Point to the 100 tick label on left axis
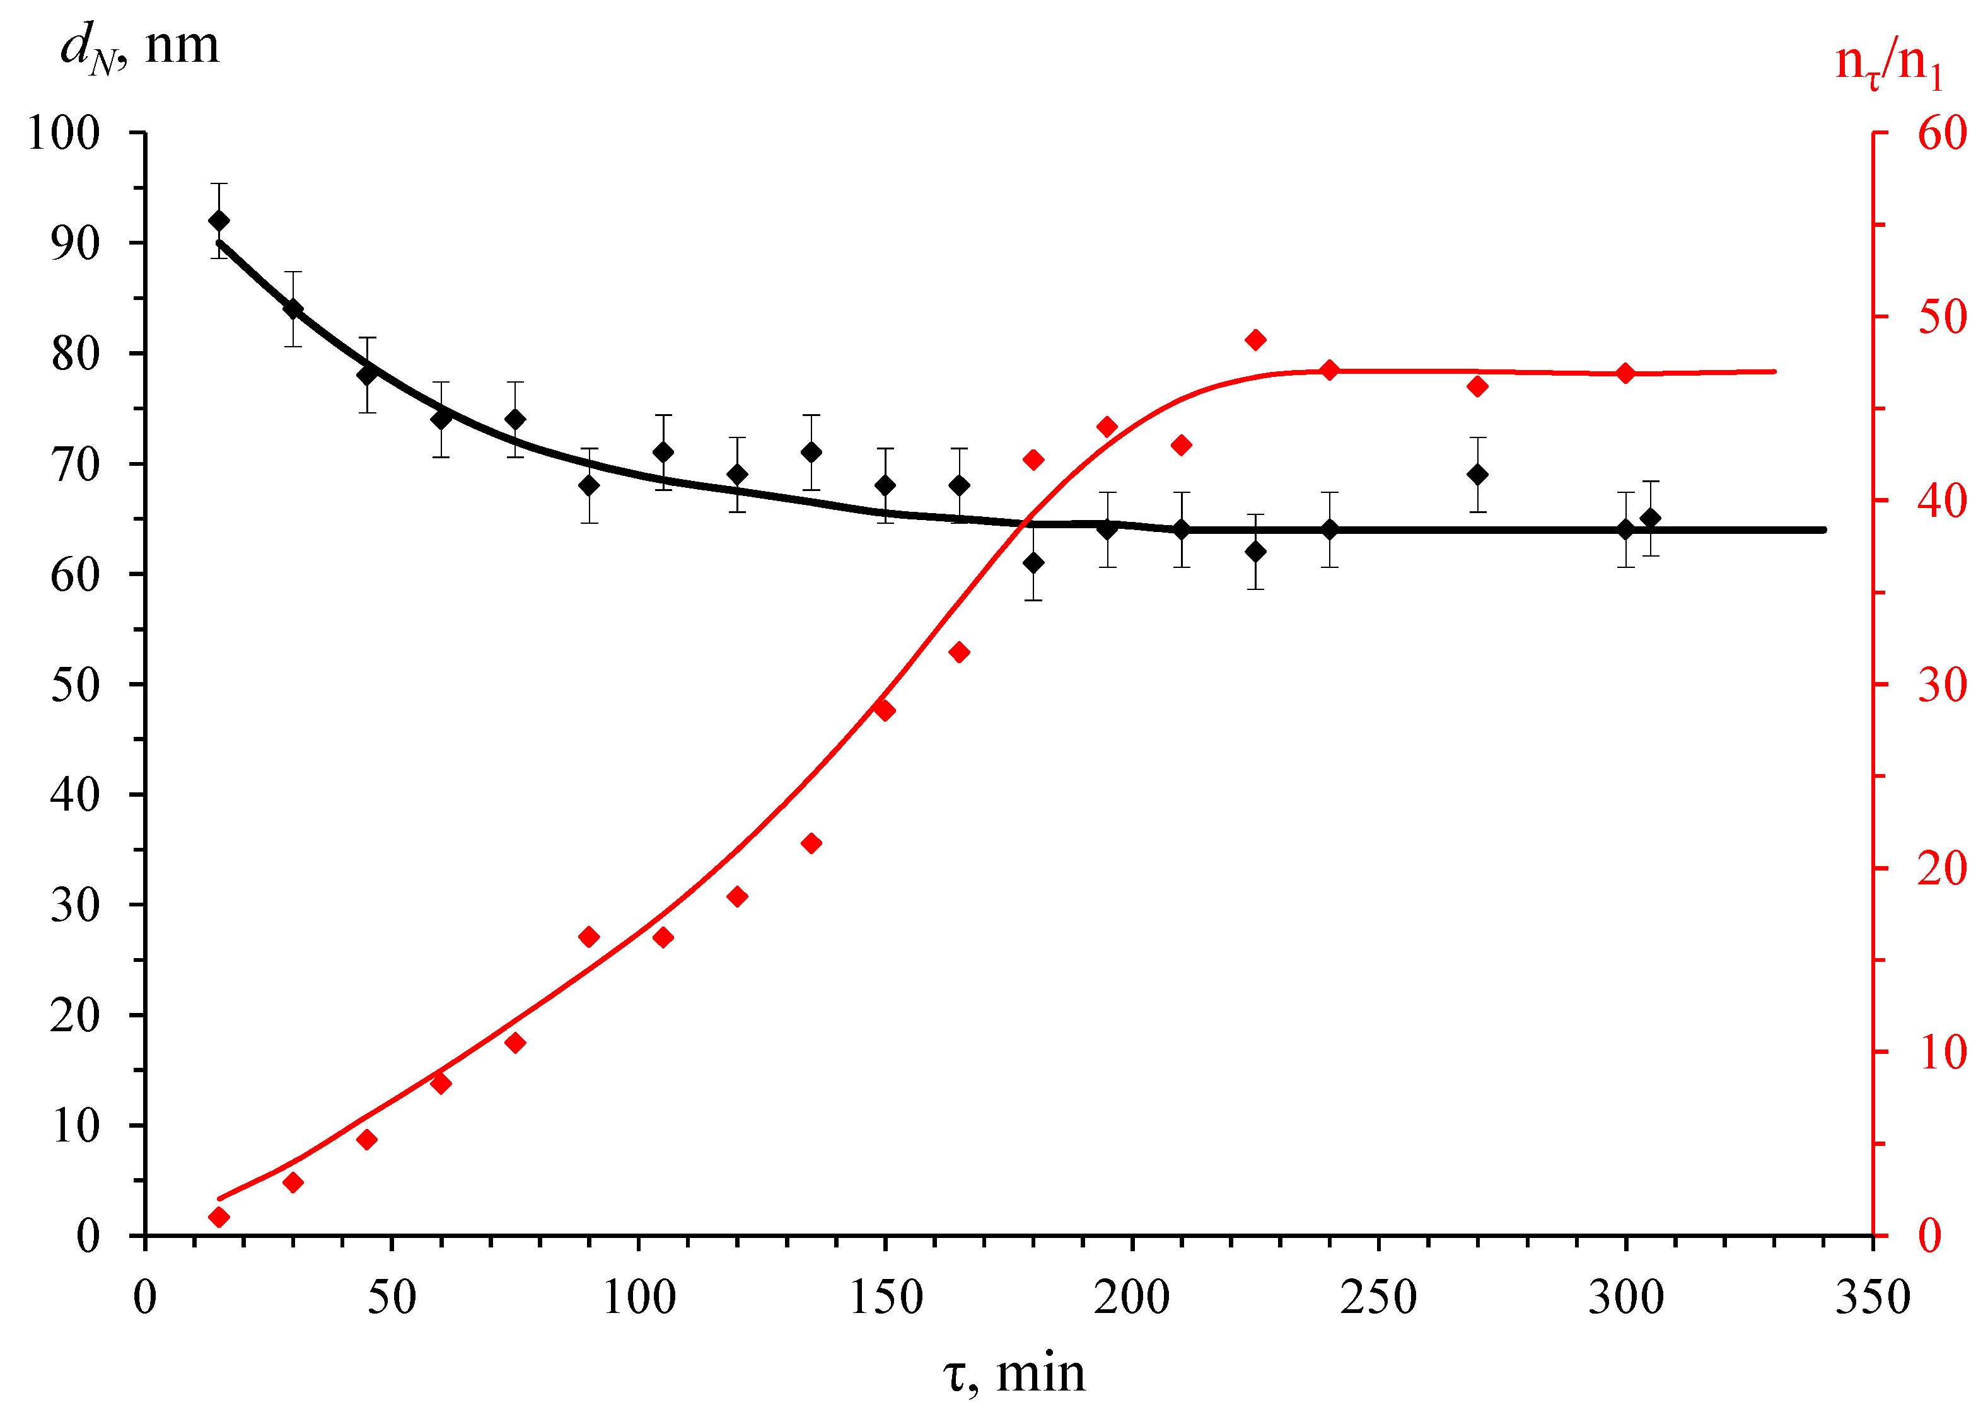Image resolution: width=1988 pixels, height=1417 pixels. click(64, 134)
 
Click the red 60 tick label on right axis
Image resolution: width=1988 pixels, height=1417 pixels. click(1942, 134)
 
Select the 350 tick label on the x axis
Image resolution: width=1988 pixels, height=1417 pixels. click(1872, 1297)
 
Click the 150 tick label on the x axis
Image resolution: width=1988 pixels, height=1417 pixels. click(886, 1297)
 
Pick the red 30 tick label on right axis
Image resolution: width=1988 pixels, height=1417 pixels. click(1942, 685)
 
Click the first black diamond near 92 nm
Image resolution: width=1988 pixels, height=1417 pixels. click(219, 221)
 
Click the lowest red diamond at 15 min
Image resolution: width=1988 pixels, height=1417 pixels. click(219, 1217)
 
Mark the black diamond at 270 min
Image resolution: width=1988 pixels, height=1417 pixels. click(1477, 475)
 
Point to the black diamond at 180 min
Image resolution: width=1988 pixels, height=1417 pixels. click(1033, 563)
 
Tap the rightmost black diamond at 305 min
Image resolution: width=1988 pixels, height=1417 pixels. click(1650, 518)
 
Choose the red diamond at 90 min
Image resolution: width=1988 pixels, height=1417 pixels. click(589, 937)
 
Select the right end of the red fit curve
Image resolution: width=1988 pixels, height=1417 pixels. click(1774, 372)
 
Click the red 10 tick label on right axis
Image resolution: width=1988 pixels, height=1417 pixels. click(1942, 1052)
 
